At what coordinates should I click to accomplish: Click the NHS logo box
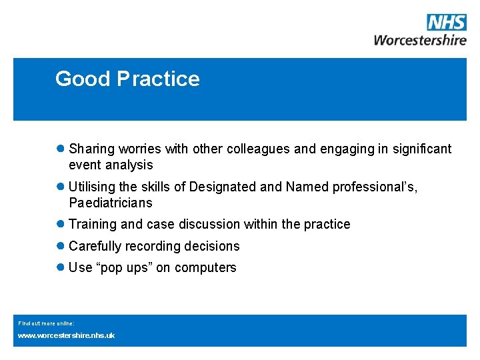click(446, 23)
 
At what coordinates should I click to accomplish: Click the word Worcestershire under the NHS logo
click(420, 40)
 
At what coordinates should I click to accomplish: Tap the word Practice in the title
click(158, 79)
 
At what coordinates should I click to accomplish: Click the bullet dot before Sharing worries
click(61, 149)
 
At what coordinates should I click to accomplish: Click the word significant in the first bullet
click(415, 149)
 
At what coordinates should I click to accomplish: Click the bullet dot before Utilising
click(61, 187)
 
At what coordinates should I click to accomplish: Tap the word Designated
click(223, 187)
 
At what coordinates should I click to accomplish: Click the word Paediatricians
click(111, 203)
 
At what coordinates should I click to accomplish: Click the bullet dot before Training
click(61, 224)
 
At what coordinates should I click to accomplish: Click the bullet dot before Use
click(61, 267)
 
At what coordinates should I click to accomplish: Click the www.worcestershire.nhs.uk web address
click(66, 335)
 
